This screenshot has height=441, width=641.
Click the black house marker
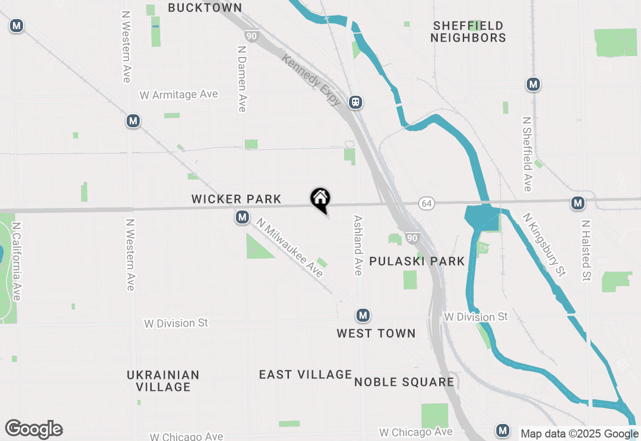pos(320,199)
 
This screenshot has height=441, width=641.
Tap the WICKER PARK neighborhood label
pos(236,199)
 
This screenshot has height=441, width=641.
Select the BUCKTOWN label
pos(205,8)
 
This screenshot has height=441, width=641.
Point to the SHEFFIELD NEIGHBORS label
pos(468,32)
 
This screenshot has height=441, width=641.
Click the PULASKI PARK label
pos(417,261)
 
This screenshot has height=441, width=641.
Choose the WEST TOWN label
pos(376,333)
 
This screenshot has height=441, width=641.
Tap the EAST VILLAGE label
pos(305,374)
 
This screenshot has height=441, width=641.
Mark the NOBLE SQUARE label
pos(404,382)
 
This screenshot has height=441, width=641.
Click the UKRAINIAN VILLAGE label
pos(163,381)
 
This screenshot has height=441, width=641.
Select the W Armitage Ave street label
pos(179,95)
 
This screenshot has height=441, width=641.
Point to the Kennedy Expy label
pos(311,80)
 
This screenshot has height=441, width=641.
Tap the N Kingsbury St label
pos(544,245)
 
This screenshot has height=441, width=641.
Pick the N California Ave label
pos(17,262)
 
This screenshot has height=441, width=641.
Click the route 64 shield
pos(426,203)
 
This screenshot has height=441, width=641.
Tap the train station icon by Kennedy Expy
pos(356,103)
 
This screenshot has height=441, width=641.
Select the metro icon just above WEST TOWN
pos(363,315)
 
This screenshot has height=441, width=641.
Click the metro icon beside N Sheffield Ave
pos(533,84)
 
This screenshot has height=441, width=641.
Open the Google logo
pos(34,429)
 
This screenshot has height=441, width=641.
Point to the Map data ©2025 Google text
pos(579,434)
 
